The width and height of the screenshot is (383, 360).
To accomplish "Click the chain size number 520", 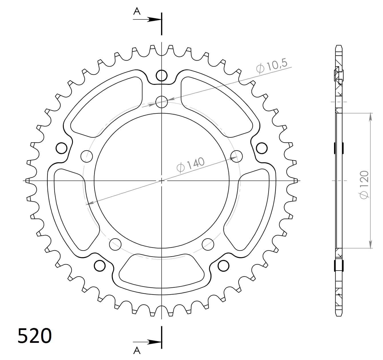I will point(35,336).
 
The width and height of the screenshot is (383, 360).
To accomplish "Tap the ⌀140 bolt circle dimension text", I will point(191,165).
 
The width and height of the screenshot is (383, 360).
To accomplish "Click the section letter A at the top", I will point(137,11).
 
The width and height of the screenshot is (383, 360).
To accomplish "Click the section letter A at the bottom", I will point(137,350).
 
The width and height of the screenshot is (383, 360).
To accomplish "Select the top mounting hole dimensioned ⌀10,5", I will point(162,101).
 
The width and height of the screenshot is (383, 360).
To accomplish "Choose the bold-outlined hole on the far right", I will point(262,148).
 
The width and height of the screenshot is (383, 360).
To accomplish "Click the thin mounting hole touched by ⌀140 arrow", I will point(237,156).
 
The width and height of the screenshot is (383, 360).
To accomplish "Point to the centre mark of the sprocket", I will point(162,181).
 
